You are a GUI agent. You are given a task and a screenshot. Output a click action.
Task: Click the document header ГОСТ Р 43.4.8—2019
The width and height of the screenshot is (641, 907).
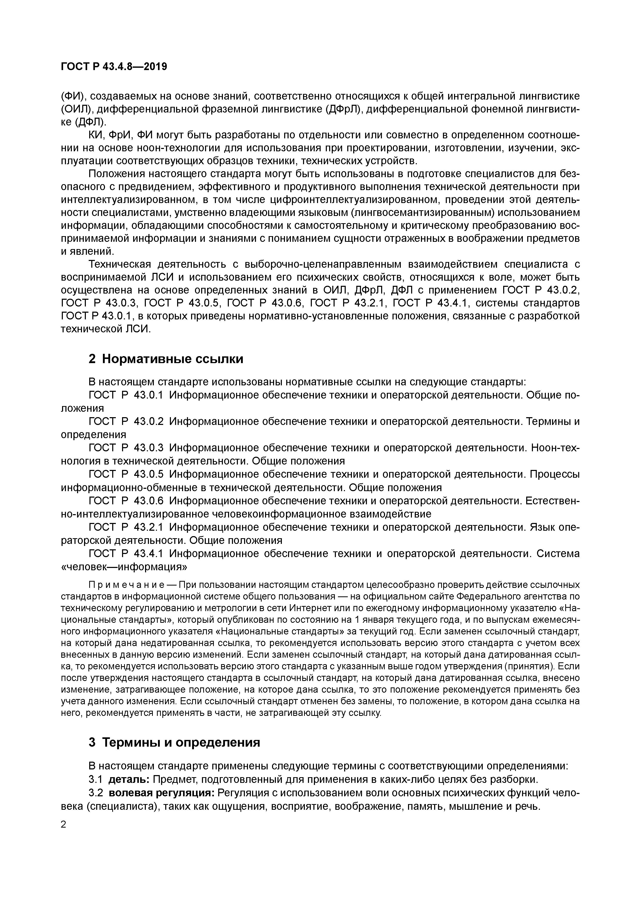pos(114,67)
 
